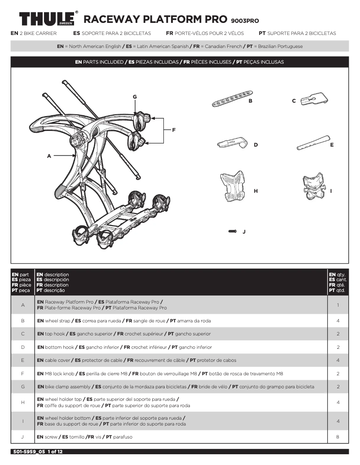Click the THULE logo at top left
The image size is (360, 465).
tap(48, 20)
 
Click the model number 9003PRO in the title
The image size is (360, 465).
tap(245, 21)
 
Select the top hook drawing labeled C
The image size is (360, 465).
tap(313, 100)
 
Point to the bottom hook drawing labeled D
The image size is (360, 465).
tap(233, 144)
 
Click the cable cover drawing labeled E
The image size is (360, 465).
tap(312, 143)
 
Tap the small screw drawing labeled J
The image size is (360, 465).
tap(233, 231)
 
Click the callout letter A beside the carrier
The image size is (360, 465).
tap(49, 156)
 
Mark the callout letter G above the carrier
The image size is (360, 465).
tap(134, 97)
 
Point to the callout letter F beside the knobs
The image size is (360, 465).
tap(174, 130)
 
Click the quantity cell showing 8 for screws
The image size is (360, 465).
tap(338, 436)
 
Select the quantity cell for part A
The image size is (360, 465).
tap(338, 305)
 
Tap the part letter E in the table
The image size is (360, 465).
tap(22, 360)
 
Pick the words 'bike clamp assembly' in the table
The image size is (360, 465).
tap(68, 387)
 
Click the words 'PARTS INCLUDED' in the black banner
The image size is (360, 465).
tap(103, 62)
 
